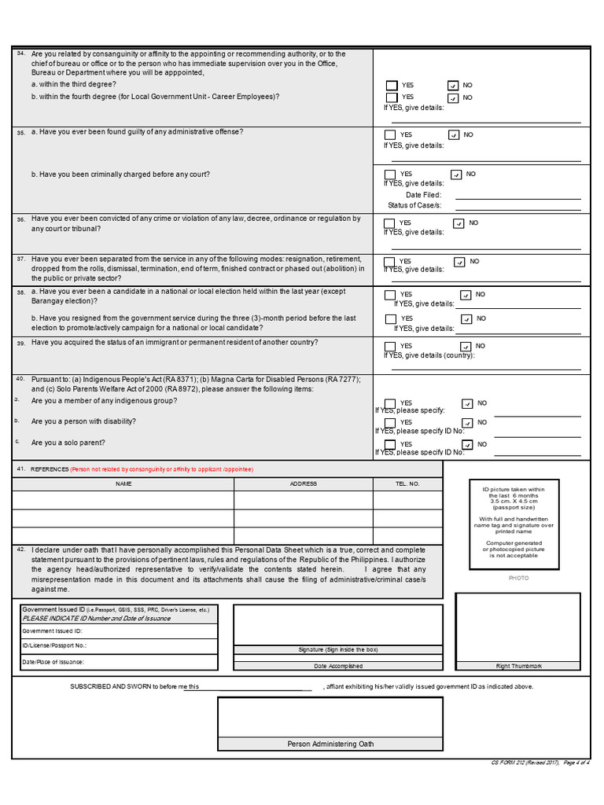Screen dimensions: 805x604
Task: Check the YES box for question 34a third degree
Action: coord(391,85)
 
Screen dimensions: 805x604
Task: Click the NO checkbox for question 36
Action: coord(459,223)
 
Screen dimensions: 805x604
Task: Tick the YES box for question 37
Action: coord(390,262)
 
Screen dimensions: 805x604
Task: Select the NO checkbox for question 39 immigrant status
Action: coord(466,347)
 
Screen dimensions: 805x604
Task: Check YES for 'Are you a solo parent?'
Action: coord(390,445)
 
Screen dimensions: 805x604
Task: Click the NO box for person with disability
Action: coord(468,423)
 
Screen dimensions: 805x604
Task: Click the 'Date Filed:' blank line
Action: coord(517,195)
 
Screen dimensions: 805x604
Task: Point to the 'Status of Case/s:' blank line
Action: coord(517,205)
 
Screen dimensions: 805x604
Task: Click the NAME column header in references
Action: coord(123,484)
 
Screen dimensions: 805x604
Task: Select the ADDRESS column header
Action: coord(304,484)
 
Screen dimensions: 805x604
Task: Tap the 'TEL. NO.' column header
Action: coord(407,484)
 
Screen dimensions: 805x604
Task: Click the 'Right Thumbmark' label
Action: coord(518,666)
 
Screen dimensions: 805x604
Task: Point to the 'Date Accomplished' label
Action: coord(338,666)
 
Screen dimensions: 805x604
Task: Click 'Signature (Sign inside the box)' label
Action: coord(338,649)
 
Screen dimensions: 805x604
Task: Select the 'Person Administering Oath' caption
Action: coord(330,744)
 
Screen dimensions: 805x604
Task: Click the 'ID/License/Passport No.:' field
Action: coord(118,645)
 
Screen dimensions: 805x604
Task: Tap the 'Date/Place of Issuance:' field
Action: coord(118,662)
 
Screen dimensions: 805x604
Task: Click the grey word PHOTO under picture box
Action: coord(518,578)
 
